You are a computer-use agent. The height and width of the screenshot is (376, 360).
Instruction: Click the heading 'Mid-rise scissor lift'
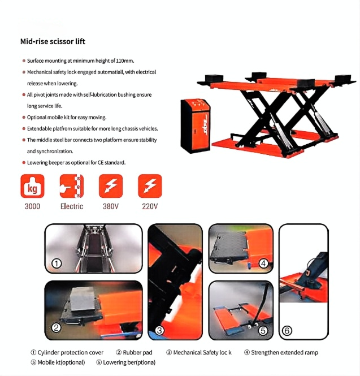53,41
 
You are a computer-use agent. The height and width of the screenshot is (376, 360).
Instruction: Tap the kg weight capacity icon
32,186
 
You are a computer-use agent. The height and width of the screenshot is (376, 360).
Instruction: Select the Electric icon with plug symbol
72,186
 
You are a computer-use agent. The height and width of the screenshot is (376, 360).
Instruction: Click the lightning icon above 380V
111,186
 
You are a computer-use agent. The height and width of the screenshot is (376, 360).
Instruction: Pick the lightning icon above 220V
150,186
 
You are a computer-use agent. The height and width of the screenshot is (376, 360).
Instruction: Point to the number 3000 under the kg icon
32,206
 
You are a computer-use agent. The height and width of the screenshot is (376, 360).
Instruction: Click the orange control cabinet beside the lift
196,126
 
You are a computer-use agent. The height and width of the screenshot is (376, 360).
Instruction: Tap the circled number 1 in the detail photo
57,263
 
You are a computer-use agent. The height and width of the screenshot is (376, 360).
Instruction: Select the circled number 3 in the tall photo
159,331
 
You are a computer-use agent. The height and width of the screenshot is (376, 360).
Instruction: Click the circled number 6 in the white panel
287,331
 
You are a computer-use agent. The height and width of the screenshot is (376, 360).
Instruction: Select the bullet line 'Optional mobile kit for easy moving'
67,117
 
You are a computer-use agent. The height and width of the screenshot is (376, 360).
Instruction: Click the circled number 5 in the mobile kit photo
263,331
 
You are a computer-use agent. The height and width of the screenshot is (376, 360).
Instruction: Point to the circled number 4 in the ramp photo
263,263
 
